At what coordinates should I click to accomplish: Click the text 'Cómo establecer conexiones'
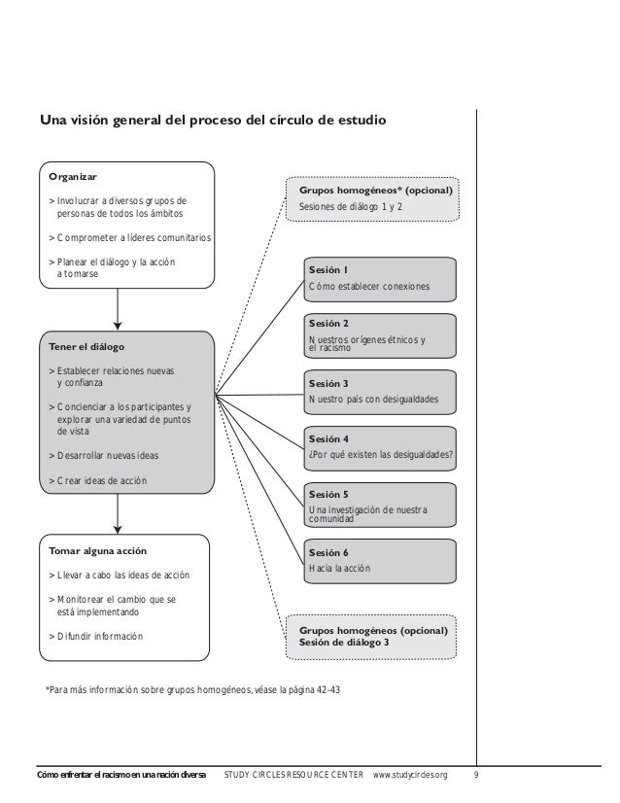click(367, 287)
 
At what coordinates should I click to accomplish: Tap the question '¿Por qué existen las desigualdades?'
click(380, 454)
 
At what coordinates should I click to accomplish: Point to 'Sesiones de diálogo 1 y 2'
click(350, 207)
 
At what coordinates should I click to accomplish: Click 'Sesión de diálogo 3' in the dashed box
click(345, 644)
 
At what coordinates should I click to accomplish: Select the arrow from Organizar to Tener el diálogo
click(118, 309)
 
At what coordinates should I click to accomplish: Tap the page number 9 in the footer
click(475, 775)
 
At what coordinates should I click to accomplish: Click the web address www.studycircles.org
click(411, 775)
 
